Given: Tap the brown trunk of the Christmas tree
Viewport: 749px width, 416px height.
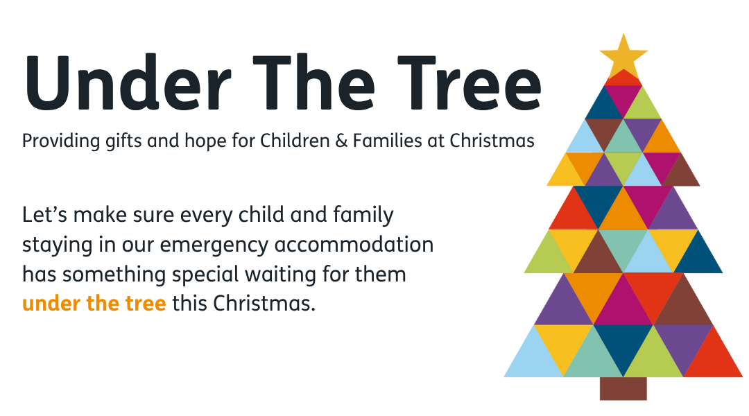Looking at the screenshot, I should pos(623,389).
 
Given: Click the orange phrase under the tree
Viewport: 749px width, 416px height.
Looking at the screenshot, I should pos(94,303).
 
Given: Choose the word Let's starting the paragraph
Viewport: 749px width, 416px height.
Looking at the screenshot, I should pos(44,215).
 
